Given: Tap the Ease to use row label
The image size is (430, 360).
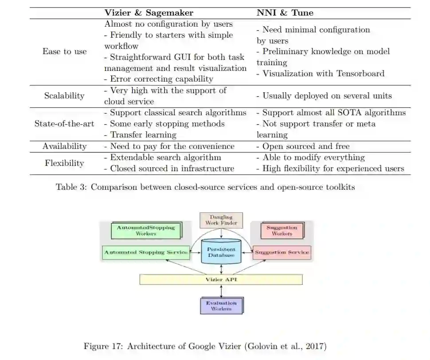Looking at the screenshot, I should coord(65,51).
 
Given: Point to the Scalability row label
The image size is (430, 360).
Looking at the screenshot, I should coord(64,96).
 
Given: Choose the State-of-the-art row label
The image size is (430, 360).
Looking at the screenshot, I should coord(64,124).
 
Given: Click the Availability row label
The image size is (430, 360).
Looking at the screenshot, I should coord(65,146).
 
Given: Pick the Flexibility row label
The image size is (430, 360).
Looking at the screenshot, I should coord(64,163).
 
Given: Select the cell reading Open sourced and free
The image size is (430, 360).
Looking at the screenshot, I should coord(306,146).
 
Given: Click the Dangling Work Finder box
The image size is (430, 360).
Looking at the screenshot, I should coord(221,220).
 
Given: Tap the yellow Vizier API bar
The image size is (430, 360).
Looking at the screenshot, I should coord(221,280).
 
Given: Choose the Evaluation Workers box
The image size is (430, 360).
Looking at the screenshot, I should coord(221,305).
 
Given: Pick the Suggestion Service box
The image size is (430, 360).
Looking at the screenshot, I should coord(281,252).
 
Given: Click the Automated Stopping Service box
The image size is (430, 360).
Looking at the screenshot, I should coord(145,253).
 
